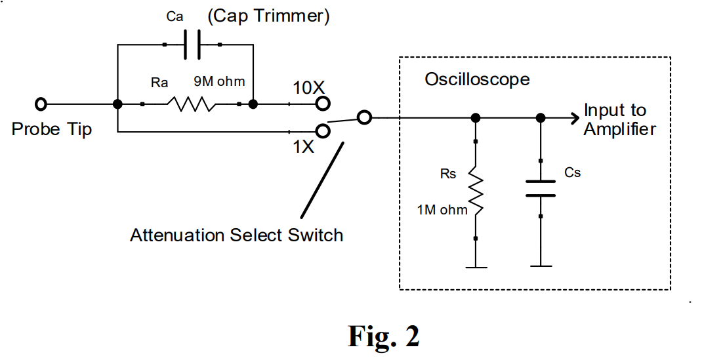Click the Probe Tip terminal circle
point(41,104)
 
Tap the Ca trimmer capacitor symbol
point(191,45)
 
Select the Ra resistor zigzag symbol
point(191,104)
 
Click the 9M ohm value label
point(218,82)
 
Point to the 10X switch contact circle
point(322,104)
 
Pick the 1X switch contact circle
point(322,130)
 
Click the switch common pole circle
point(365,118)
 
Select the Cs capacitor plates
point(540,188)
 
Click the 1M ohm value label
point(442,210)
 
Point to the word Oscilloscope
point(477,80)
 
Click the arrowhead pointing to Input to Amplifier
point(575,118)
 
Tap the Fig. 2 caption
point(383,336)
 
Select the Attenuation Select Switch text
point(236,235)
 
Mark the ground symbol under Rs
point(476,266)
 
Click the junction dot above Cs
point(540,118)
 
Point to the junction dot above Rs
point(476,118)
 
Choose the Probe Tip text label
point(52,129)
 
